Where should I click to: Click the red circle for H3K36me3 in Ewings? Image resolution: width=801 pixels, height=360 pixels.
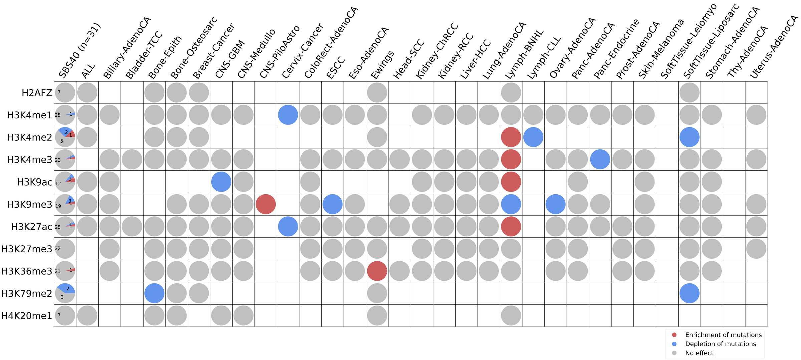pos(377,271)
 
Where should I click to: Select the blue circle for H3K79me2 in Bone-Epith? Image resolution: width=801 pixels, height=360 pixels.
pos(154,293)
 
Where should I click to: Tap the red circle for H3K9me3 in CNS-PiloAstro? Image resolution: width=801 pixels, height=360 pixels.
pos(266,204)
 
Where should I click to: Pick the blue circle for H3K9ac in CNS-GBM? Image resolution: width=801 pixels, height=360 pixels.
pos(221,182)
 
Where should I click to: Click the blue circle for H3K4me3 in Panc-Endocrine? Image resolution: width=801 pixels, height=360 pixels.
pos(600,159)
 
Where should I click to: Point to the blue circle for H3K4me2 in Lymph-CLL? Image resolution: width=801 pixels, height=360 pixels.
pos(533,137)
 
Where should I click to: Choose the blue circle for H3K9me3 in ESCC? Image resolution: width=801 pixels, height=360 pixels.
pos(332,204)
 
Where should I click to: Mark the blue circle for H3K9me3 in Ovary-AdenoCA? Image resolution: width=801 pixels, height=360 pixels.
pos(556,204)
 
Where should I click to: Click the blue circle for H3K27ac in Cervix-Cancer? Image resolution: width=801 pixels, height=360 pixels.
pos(288,226)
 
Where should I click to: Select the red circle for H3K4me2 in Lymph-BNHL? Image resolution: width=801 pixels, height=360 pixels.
pos(511,137)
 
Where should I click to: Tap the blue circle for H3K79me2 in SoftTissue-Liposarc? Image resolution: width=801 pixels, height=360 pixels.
pos(689,293)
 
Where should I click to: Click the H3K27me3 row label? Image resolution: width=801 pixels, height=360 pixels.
pos(27,249)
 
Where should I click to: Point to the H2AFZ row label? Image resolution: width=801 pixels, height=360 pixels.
pos(37,93)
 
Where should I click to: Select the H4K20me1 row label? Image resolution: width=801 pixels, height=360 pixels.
pos(27,316)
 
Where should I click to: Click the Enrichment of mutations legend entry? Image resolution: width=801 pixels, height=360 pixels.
pos(723,335)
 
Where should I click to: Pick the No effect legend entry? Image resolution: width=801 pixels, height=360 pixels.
pos(699,353)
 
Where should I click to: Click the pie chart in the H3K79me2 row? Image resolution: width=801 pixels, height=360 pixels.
pos(65,293)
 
